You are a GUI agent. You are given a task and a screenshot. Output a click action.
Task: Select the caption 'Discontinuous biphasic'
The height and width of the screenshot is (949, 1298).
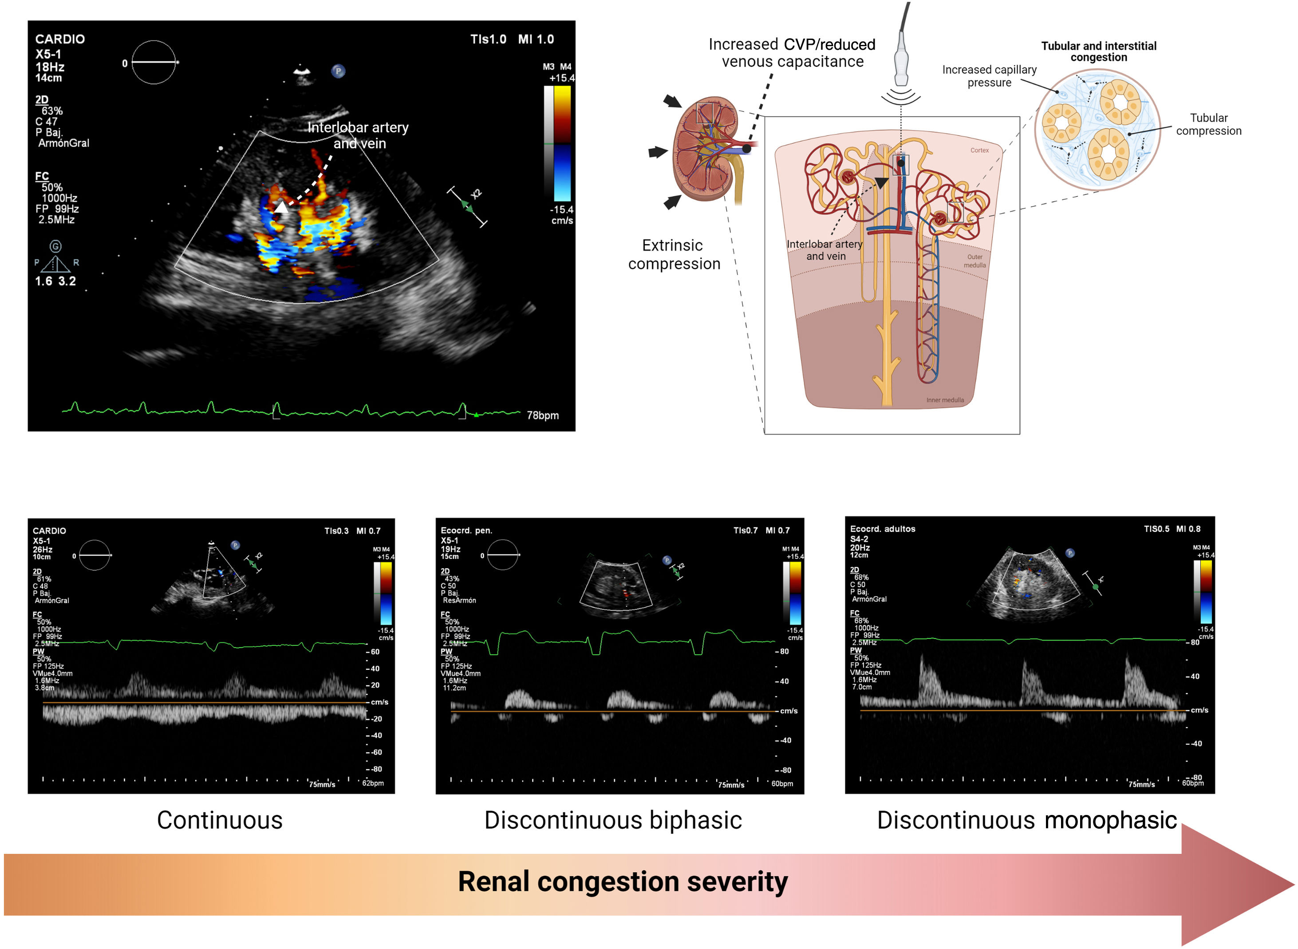pos(613,820)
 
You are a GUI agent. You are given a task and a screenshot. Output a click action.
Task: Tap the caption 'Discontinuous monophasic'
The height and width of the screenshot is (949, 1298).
pos(1026,820)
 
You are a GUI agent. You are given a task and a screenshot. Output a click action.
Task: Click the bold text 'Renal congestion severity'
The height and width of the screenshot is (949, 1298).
pos(623,882)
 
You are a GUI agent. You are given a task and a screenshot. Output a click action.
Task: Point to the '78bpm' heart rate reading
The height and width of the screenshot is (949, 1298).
pos(542,415)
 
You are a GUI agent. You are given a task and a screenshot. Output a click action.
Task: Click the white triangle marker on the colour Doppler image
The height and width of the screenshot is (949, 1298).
pos(281,207)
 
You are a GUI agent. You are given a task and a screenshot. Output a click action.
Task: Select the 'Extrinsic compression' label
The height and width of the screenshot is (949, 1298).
pos(674,254)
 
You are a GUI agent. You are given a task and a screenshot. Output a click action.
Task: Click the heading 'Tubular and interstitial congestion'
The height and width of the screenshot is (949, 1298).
pos(1098,51)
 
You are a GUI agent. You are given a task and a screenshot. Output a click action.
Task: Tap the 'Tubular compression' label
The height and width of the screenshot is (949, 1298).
pos(1208,124)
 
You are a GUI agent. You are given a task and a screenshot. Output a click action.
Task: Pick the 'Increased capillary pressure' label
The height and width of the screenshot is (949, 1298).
pos(989,76)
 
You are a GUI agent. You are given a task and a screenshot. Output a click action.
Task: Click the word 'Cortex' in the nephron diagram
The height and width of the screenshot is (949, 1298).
pos(979,150)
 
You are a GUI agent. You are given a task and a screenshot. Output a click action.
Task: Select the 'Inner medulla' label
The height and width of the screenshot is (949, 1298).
pos(945,400)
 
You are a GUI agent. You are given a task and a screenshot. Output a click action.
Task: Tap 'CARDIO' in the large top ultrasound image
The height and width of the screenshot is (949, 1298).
pos(60,39)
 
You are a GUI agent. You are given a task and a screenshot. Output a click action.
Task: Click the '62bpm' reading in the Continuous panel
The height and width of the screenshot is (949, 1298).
pos(373,783)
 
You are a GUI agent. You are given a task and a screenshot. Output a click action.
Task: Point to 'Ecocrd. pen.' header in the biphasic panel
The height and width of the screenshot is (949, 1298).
pos(466,530)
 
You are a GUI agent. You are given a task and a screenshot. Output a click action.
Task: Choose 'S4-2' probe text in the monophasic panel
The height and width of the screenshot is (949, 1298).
pos(859,539)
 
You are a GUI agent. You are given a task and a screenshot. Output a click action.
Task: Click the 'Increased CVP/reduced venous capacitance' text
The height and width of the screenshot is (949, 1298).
pos(792,53)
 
